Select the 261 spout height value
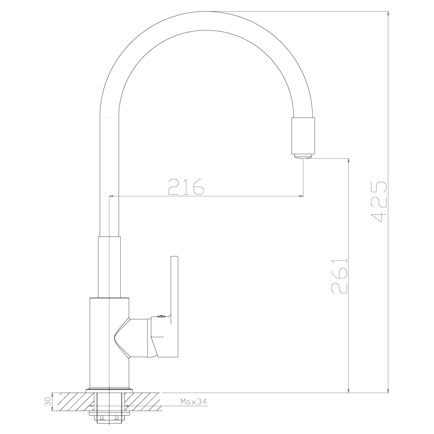coord(339,276)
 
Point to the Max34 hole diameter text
coord(193,402)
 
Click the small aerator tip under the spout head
coord(303,156)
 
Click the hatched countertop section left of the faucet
coord(71,403)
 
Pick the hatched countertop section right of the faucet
coord(145,403)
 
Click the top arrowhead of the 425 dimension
coord(389,13)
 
